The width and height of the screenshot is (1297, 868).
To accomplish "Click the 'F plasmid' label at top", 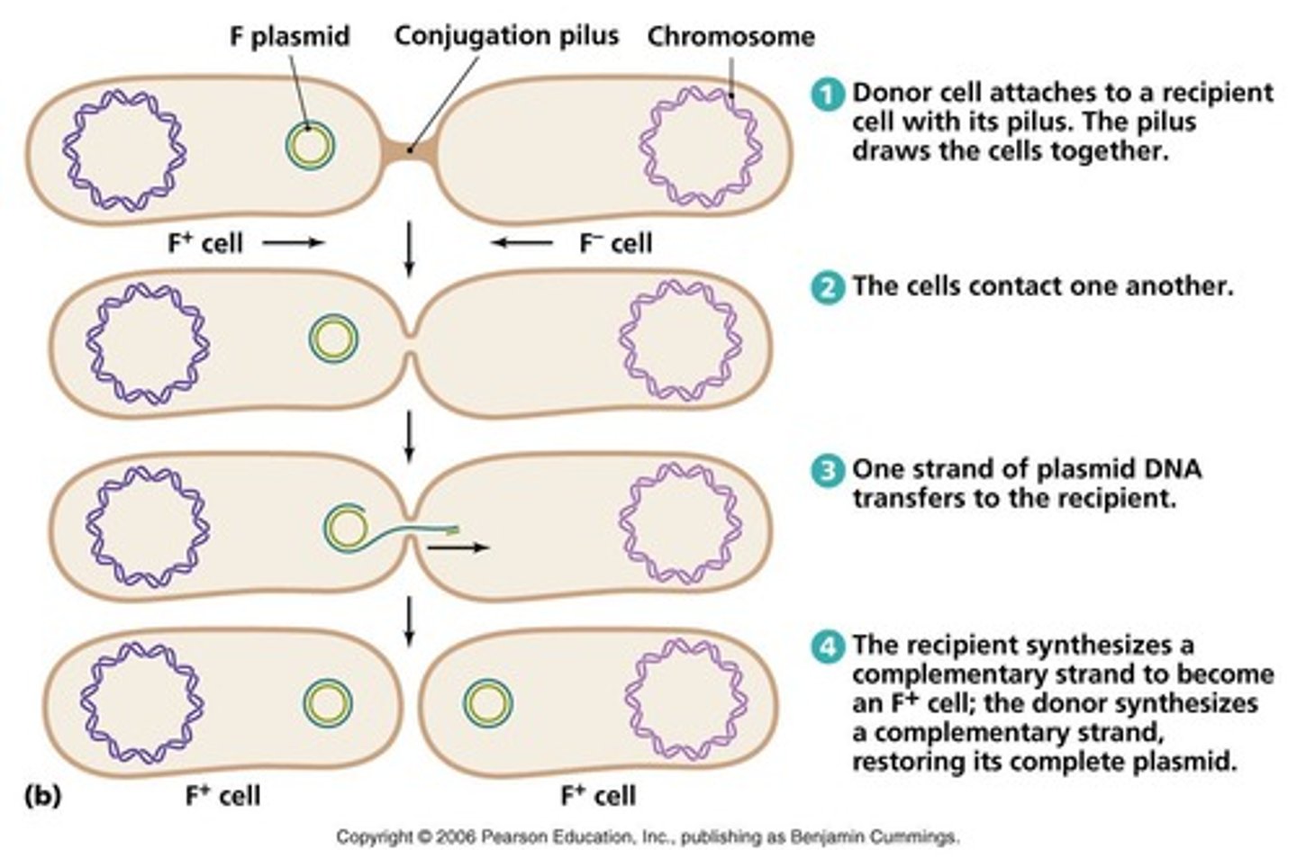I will click(288, 36).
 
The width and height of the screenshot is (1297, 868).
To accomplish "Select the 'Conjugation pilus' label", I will click(506, 35).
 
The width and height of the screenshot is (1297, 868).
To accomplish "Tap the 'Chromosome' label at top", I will click(730, 36).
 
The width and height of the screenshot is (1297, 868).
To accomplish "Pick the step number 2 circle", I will click(828, 287).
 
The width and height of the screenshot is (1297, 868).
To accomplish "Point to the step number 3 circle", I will click(828, 471).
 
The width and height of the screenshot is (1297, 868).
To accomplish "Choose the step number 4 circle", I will click(828, 647).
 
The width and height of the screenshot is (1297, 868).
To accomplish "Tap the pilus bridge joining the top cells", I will click(410, 149).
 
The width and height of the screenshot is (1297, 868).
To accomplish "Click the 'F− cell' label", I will click(615, 243).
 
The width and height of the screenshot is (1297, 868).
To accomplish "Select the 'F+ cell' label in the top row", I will click(205, 243).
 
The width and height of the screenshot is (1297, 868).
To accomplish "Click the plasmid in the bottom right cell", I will click(488, 702).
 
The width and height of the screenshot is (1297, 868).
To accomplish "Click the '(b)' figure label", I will click(42, 796).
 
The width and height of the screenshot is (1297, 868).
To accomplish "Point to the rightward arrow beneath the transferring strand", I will click(458, 547).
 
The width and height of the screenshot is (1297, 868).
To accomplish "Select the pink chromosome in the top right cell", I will click(701, 146).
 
